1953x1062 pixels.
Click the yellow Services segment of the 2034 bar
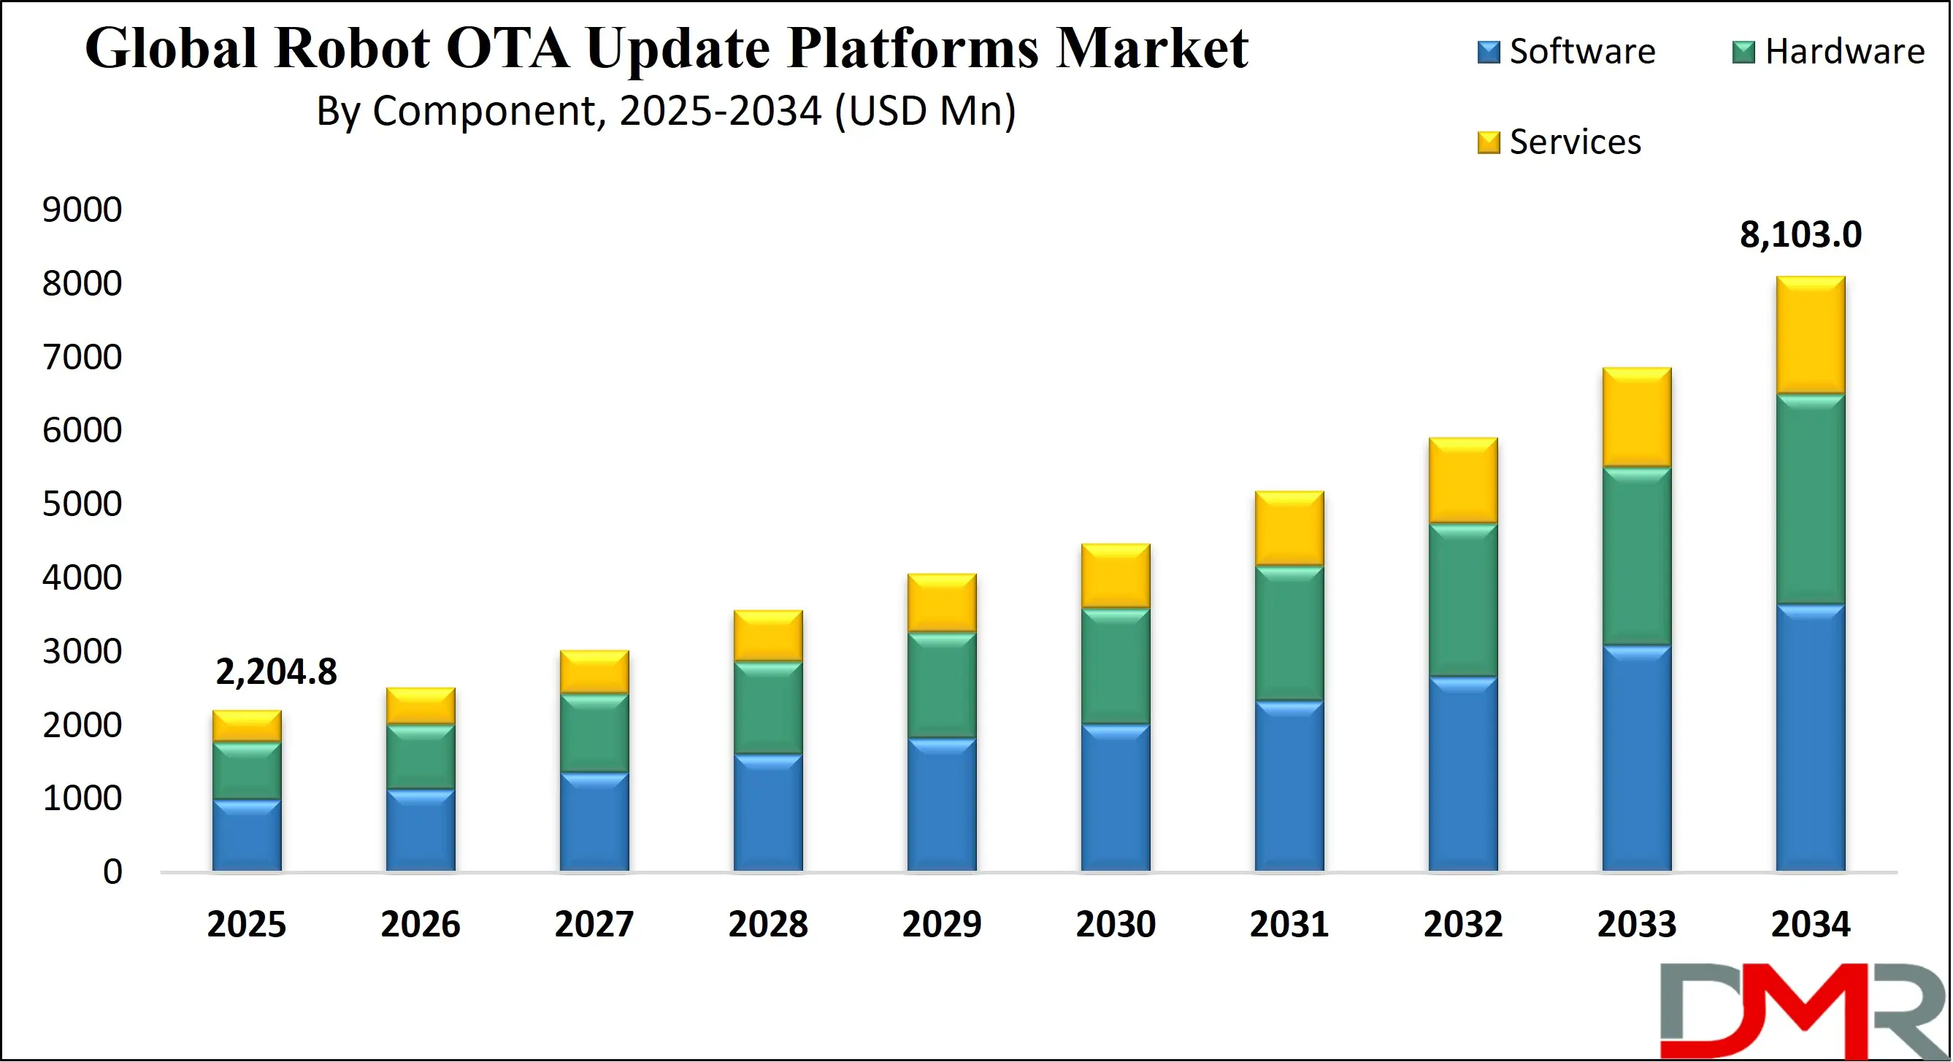pos(1810,335)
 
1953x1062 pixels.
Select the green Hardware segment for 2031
pos(1289,633)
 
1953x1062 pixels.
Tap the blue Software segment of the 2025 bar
pos(246,835)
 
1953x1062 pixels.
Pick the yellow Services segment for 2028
pos(768,635)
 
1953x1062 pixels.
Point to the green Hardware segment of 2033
pos(1636,555)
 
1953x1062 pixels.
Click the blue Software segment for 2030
pos(1116,798)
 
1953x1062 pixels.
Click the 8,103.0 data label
pos(1800,234)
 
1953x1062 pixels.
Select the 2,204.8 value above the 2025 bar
pos(276,672)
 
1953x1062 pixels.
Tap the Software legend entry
pos(1566,52)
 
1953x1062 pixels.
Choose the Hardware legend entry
pos(1829,52)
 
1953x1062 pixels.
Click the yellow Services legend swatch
pos(1488,142)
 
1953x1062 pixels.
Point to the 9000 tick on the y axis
pos(82,210)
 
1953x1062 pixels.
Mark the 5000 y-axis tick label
pos(82,504)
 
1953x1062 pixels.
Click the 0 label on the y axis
pos(112,871)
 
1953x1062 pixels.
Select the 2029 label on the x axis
pos(942,924)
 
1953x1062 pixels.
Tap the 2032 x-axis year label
pos(1462,924)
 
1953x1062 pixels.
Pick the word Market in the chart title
pos(1151,48)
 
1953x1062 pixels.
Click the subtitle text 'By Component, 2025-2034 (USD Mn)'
pos(666,111)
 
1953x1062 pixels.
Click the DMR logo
pos(1804,1010)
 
